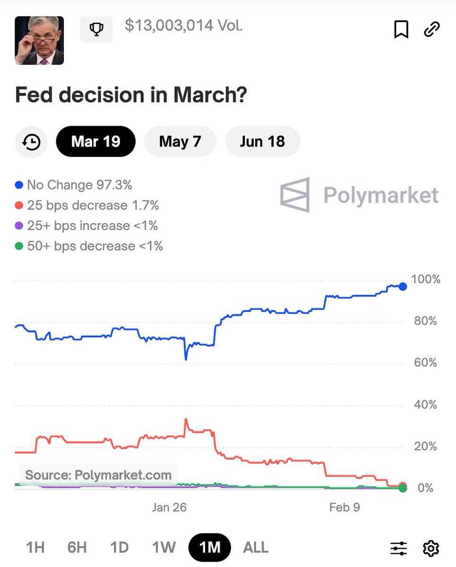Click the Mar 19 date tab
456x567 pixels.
[x=95, y=141]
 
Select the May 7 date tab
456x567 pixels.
[x=180, y=141]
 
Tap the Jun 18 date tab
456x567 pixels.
[x=262, y=141]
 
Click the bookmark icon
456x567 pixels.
[x=401, y=29]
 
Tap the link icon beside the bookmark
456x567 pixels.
[x=431, y=29]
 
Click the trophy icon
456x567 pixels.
[x=96, y=30]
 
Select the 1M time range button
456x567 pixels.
[x=210, y=547]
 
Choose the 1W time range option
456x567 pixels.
[x=163, y=547]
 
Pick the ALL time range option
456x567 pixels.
[x=256, y=547]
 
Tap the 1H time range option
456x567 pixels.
[x=35, y=547]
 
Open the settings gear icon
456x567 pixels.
[x=430, y=548]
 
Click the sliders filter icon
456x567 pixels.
[x=399, y=548]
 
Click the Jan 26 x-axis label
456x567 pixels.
[x=169, y=507]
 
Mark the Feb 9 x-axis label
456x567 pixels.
[x=344, y=507]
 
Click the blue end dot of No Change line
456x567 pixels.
[x=403, y=286]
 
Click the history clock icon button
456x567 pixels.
[x=32, y=142]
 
